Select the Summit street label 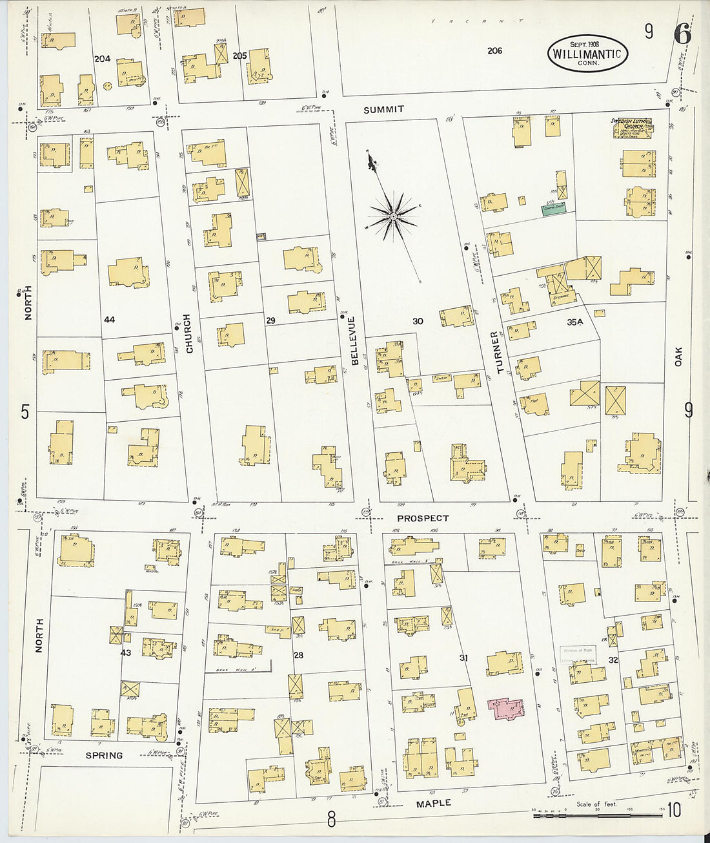point(383,110)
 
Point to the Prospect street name point(423,518)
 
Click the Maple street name point(433,803)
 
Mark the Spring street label point(104,755)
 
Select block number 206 point(494,50)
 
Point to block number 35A point(574,321)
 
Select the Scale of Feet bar point(598,816)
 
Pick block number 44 point(109,320)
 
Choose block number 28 point(298,656)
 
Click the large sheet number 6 point(682,34)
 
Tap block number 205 point(239,56)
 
